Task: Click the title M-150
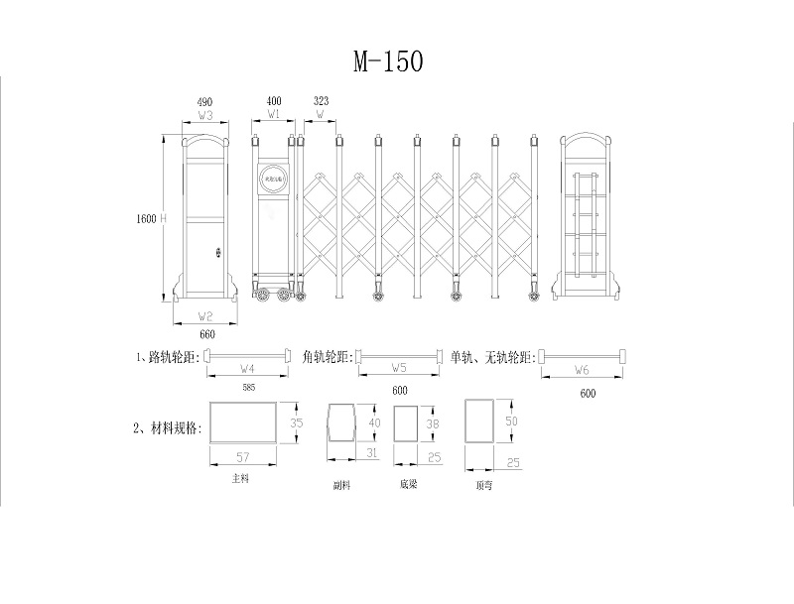tap(389, 61)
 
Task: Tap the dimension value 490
tap(204, 102)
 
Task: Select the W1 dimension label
tap(274, 115)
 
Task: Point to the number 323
tap(321, 102)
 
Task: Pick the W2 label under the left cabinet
tap(205, 316)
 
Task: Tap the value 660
tap(206, 335)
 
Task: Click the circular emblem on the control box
tap(274, 179)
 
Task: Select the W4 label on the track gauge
tap(247, 369)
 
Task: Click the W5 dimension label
tap(400, 369)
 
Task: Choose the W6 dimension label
tap(583, 369)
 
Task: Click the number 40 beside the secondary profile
tap(374, 423)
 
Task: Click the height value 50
tap(512, 422)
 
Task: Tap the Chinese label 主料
tap(239, 478)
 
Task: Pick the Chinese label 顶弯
tap(484, 486)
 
